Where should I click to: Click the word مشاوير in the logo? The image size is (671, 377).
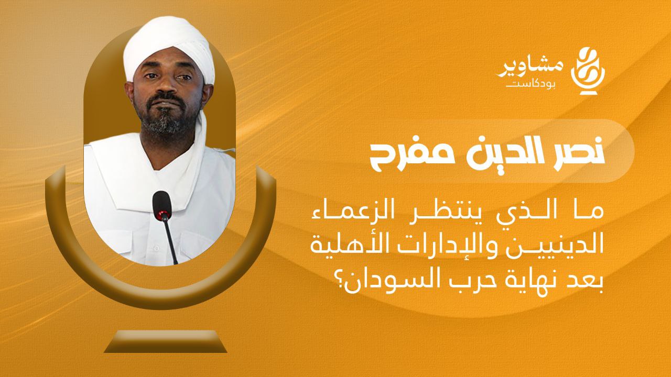[x=529, y=69]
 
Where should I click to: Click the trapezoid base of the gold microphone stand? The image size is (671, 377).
[x=165, y=341]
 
